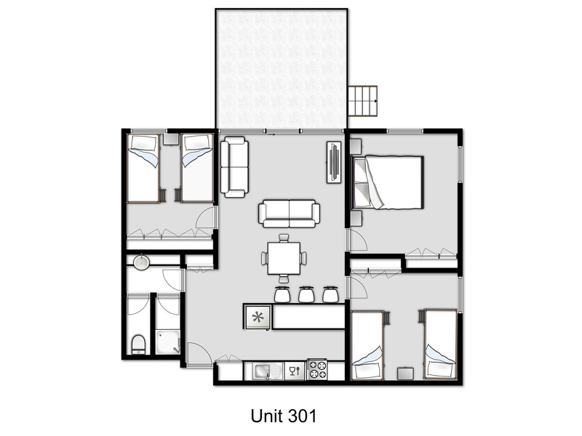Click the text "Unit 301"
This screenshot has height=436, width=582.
coord(284,416)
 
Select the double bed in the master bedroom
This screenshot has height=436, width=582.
coord(387,182)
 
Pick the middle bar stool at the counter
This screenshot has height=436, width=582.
coord(305,294)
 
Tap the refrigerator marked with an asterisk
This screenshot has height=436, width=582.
coord(257,317)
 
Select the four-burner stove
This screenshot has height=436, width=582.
coord(316,371)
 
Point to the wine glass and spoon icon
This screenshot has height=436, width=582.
coord(293,371)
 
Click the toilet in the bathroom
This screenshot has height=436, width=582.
coord(138,343)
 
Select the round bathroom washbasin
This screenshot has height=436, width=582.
coord(141,262)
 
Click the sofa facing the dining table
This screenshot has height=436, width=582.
coord(289,213)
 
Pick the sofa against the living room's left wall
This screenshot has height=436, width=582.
coord(234,167)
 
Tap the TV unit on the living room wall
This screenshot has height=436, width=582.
coord(335,162)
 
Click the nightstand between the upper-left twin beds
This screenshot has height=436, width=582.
coord(170,140)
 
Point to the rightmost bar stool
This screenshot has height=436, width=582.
coord(330,294)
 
